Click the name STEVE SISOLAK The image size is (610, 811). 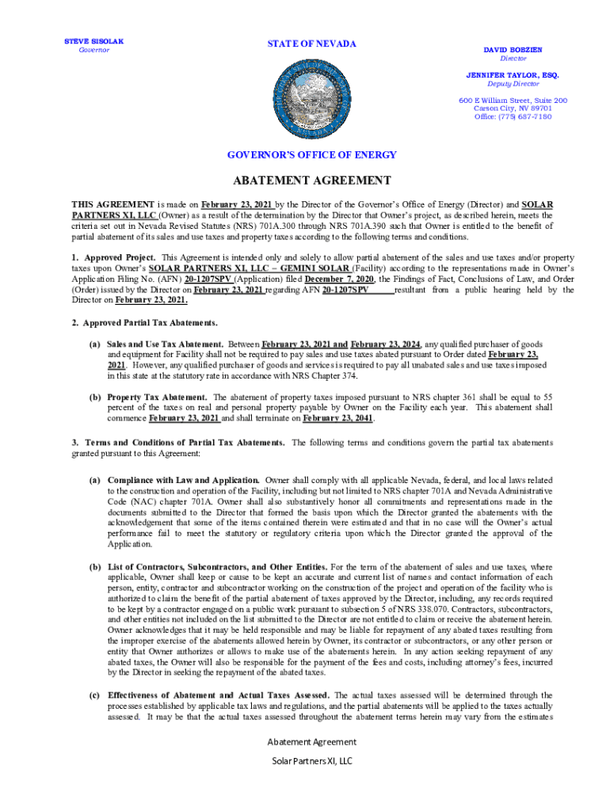(93, 40)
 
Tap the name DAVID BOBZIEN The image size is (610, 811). (513, 49)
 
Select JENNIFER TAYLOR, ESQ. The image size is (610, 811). (512, 74)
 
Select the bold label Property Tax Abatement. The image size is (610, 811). (157, 397)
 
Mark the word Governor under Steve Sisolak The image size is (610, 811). (93, 51)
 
